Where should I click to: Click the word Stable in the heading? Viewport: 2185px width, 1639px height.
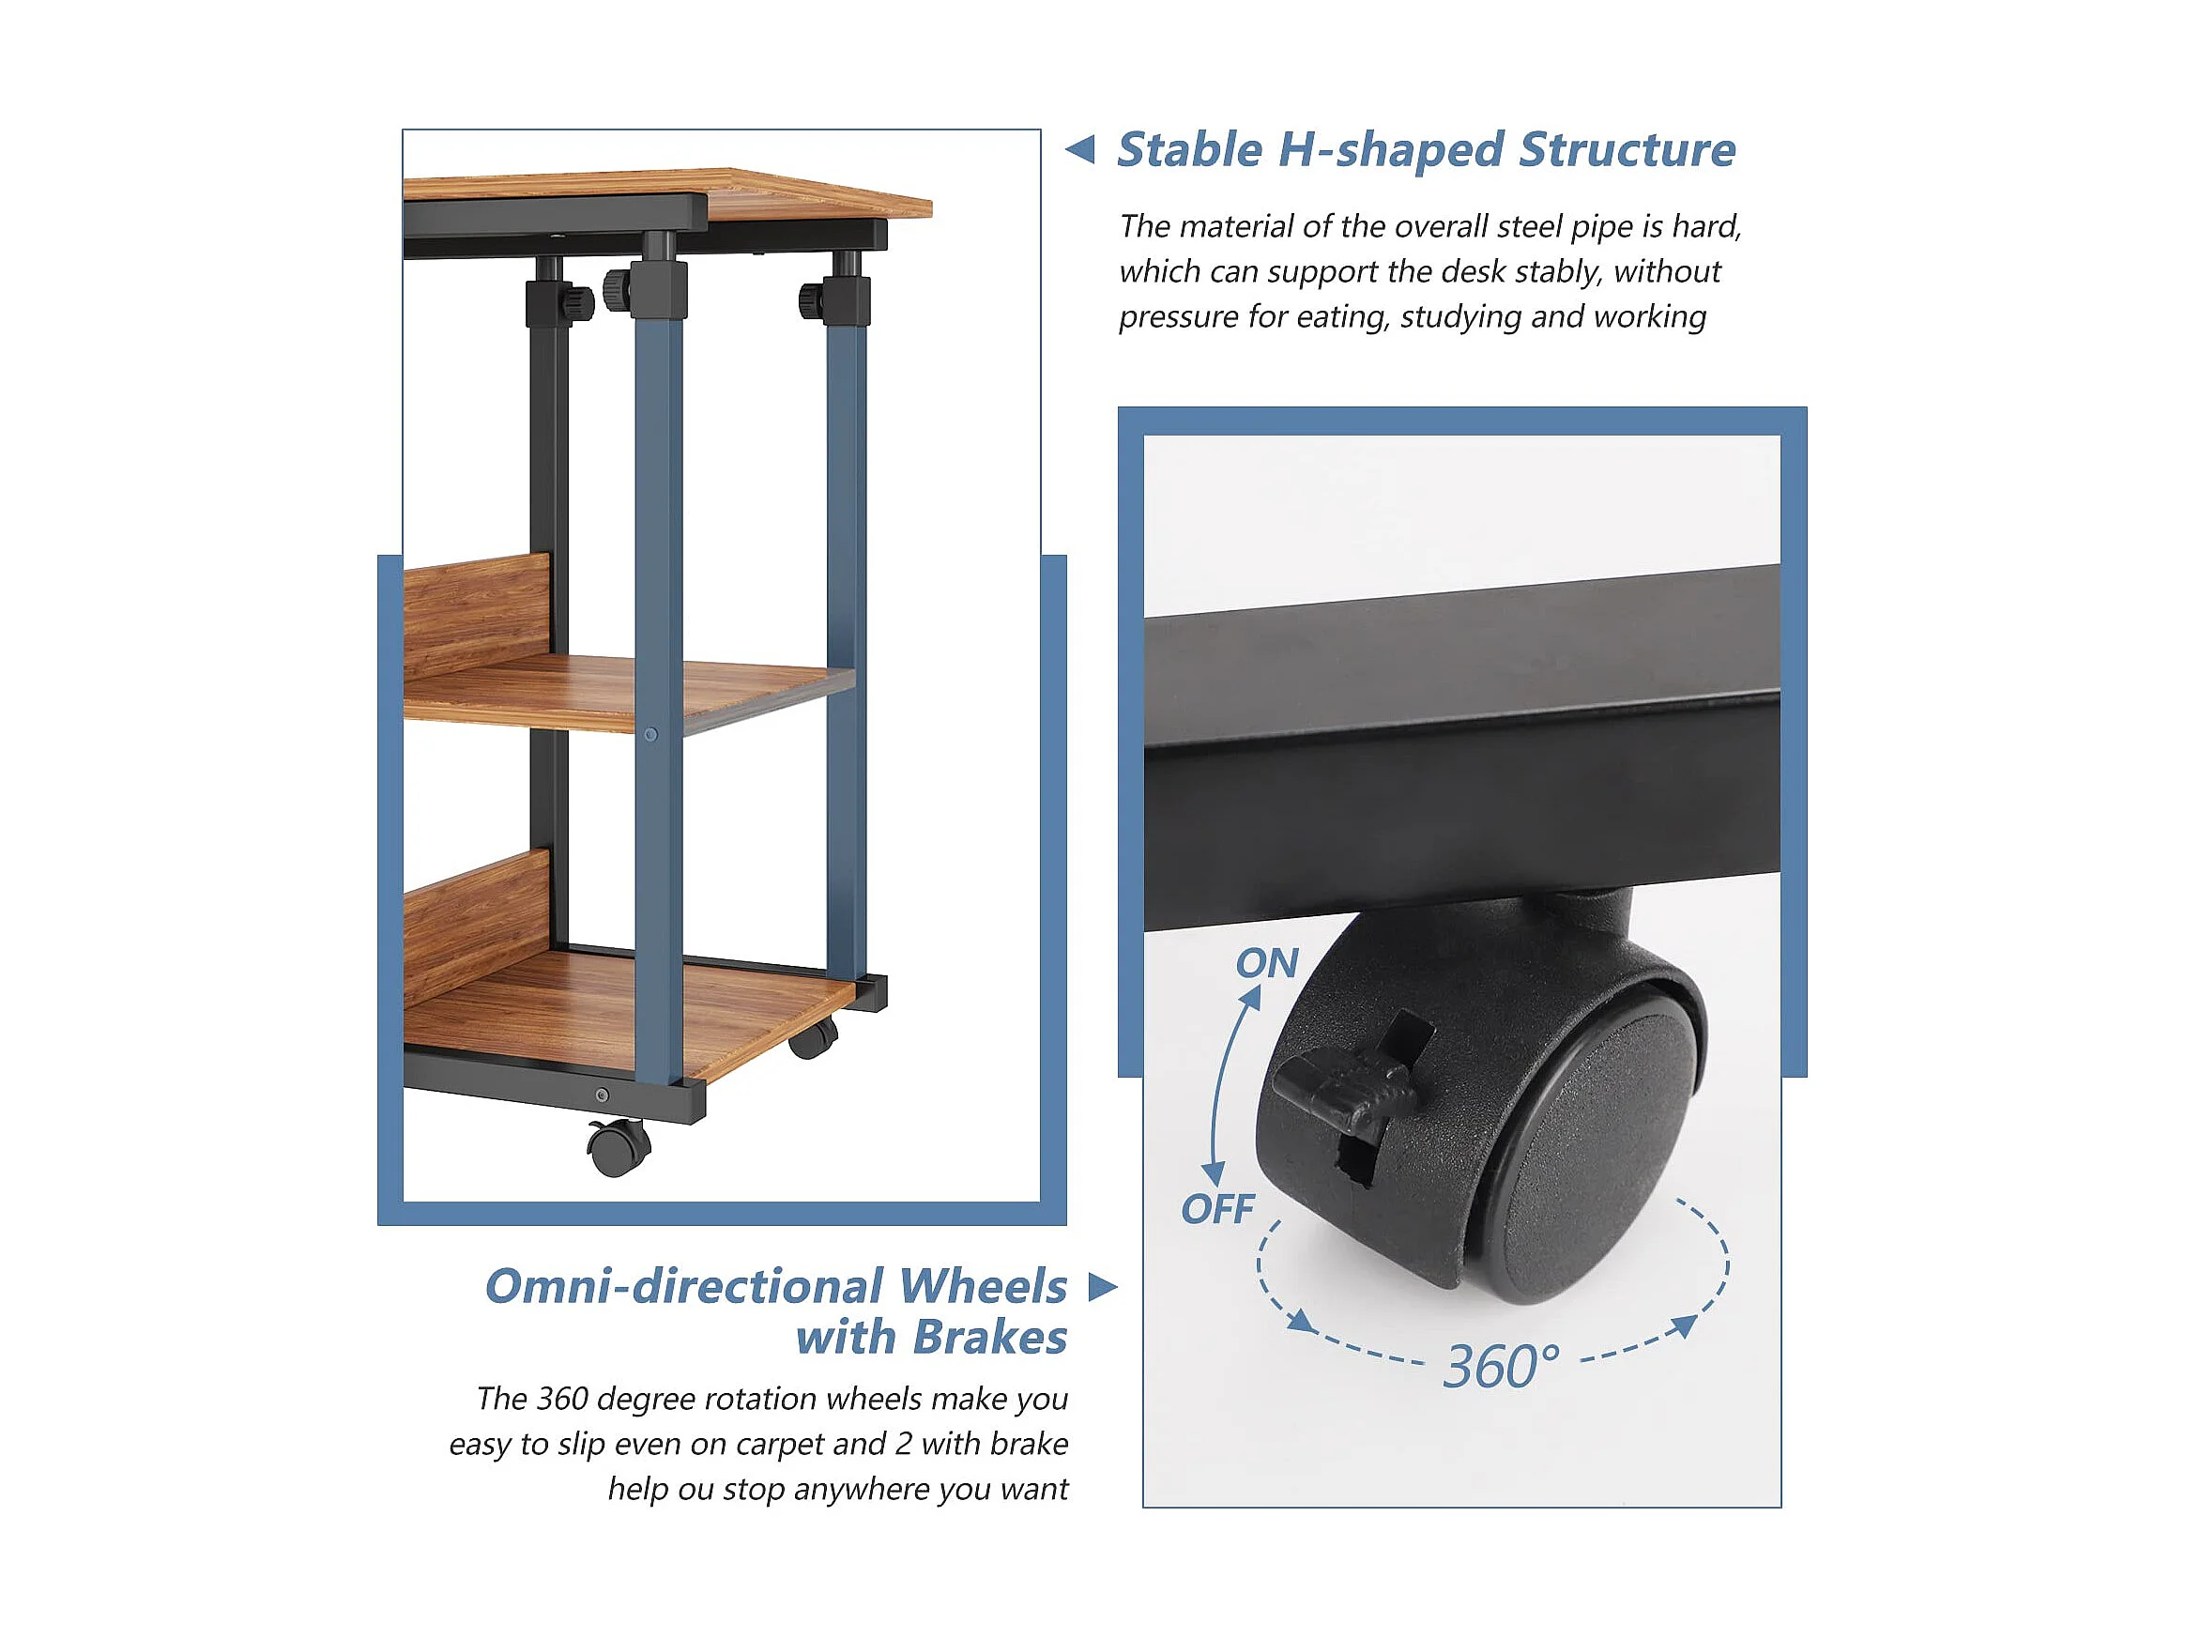point(1190,150)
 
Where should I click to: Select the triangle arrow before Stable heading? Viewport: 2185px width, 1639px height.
point(1079,149)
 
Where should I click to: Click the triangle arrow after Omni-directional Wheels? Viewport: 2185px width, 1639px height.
point(1103,1286)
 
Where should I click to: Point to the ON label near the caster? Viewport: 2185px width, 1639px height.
point(1266,963)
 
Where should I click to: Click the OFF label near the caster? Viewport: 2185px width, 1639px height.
point(1217,1209)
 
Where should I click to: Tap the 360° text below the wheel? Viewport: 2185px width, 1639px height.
point(1502,1367)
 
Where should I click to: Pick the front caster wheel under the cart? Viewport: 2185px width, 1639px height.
point(619,1148)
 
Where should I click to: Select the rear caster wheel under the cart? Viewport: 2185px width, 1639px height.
point(814,1037)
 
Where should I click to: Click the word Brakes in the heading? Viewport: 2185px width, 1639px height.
point(990,1338)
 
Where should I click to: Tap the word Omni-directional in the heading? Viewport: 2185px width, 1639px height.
point(684,1286)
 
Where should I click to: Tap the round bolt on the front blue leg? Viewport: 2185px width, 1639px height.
point(650,734)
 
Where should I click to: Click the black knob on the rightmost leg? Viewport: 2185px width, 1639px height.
point(812,297)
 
